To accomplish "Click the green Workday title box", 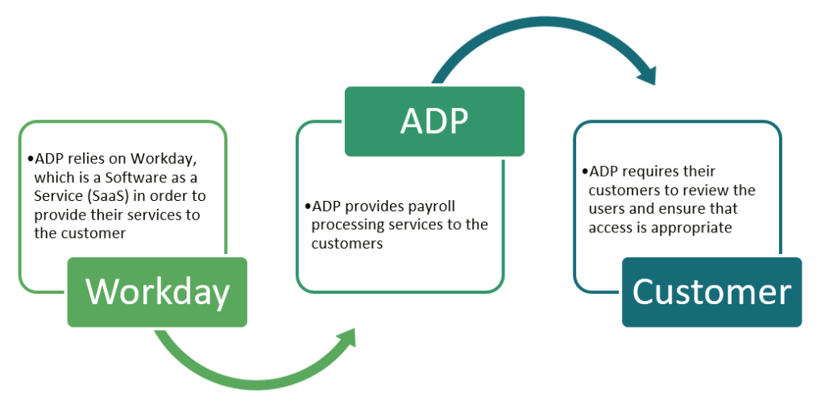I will [x=157, y=292].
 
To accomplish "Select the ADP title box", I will [x=434, y=121].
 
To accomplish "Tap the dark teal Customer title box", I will [x=711, y=292].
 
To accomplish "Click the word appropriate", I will [x=692, y=228].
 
